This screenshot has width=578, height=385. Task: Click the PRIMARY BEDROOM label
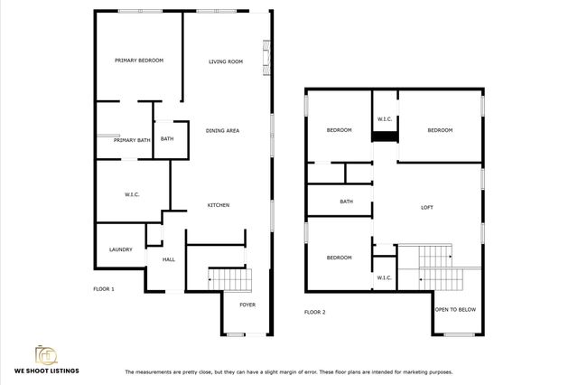(139, 61)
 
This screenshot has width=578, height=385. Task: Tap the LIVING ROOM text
(226, 61)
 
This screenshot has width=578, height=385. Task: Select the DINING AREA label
(221, 131)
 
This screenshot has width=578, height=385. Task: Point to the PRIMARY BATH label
(131, 140)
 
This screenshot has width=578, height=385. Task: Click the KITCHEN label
(219, 205)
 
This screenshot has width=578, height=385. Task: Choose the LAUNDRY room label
(121, 249)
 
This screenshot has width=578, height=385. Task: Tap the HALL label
(168, 260)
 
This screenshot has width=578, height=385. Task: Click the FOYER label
(247, 305)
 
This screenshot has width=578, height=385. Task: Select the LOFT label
(427, 207)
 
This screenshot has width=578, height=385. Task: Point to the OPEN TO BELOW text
(456, 310)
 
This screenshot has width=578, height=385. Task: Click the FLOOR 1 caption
(104, 289)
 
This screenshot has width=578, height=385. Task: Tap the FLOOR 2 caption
(314, 312)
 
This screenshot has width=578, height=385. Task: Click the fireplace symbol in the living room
(264, 58)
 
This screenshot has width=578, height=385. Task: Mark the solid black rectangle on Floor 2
(386, 136)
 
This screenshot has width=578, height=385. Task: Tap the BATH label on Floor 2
(346, 202)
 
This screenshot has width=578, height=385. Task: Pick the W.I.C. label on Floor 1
(132, 194)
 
